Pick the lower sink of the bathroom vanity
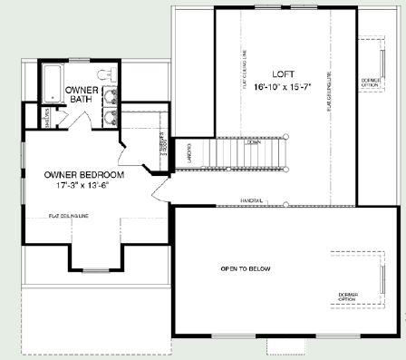110,115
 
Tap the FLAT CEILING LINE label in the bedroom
70,217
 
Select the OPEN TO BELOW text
246,269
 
